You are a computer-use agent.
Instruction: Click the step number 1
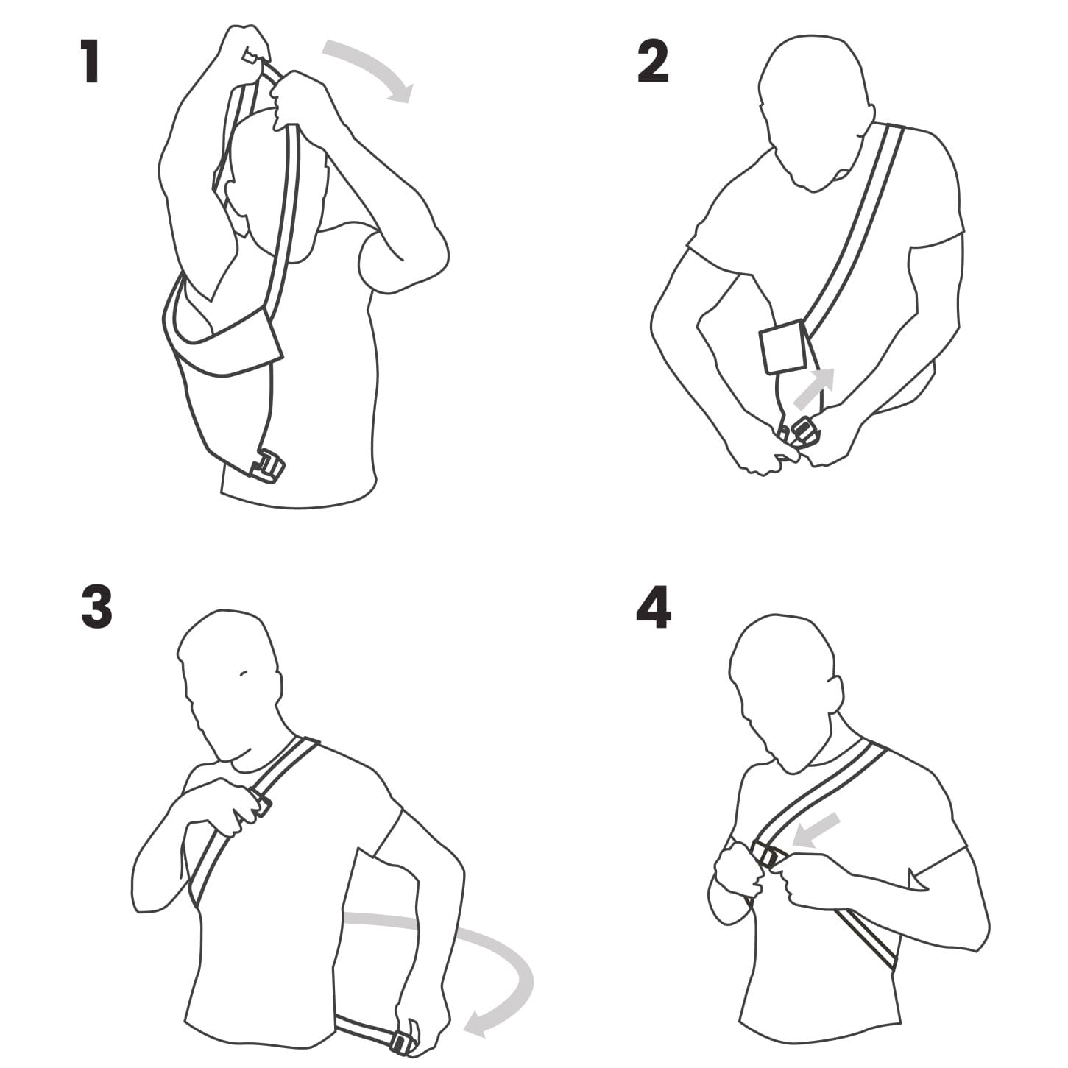(91, 61)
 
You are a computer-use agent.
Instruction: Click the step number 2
(653, 61)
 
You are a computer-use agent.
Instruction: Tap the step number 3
(97, 607)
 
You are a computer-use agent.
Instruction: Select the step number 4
(654, 607)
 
